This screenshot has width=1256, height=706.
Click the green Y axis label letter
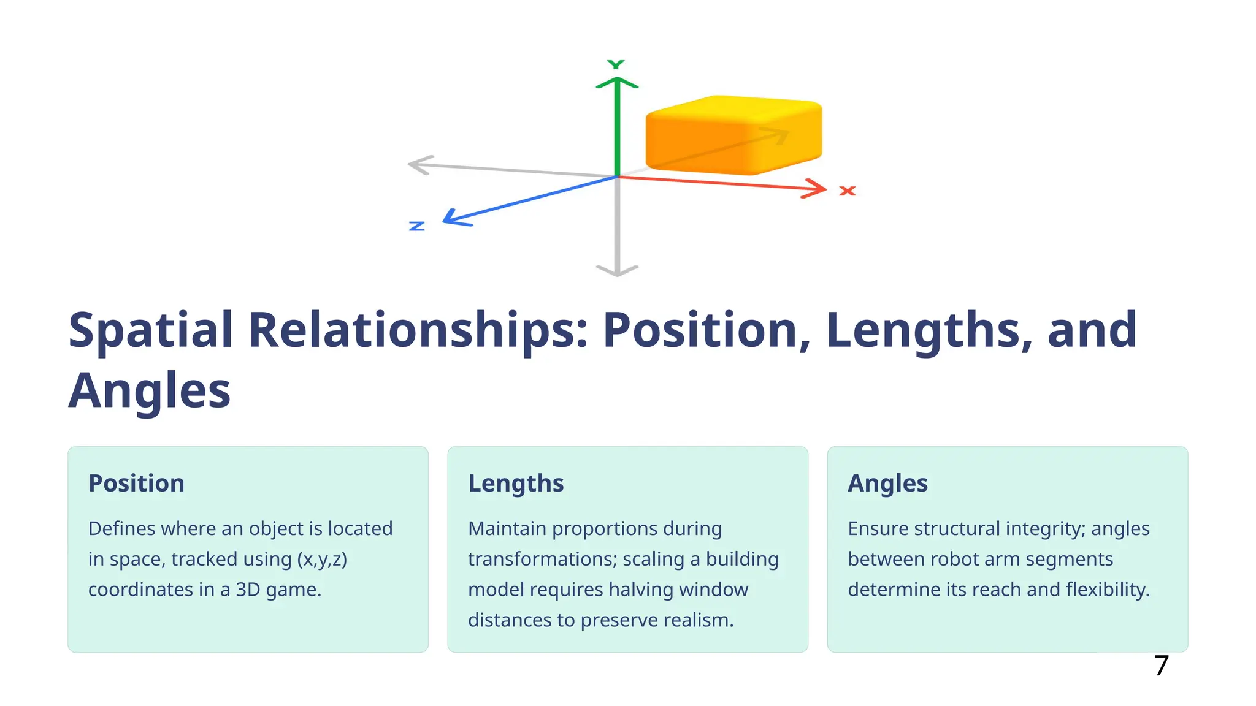click(616, 64)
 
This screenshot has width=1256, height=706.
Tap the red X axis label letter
click(847, 191)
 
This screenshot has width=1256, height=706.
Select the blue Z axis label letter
click(417, 226)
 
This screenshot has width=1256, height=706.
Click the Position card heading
click(136, 484)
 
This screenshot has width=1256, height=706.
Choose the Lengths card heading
click(516, 484)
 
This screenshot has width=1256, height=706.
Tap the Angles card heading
click(887, 484)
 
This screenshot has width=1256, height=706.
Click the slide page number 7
click(1161, 666)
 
